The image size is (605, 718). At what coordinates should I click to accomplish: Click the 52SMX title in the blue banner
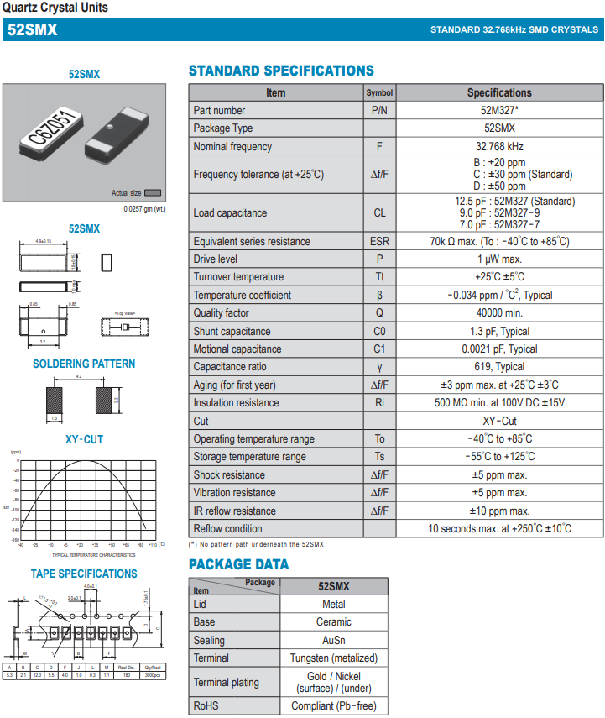tap(32, 29)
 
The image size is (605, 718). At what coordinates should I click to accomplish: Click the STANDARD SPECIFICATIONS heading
tap(281, 71)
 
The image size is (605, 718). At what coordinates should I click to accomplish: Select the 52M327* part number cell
tap(499, 111)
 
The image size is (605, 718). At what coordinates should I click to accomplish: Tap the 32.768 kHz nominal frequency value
tap(499, 147)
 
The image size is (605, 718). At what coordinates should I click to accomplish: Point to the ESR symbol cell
tap(379, 242)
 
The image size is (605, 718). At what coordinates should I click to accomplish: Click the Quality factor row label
tap(221, 313)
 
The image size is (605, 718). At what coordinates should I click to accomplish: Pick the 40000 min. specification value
tap(499, 313)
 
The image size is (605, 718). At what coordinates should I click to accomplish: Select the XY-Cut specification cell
tap(499, 422)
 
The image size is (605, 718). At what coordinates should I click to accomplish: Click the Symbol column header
tap(379, 93)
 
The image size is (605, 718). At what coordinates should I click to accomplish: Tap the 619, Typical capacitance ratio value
tap(499, 367)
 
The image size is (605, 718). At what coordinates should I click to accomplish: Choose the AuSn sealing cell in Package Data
tap(333, 640)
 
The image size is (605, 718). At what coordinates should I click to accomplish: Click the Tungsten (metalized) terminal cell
tap(333, 658)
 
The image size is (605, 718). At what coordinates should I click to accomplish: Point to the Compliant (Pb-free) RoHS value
tap(333, 706)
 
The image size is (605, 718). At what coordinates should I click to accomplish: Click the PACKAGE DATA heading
tap(238, 564)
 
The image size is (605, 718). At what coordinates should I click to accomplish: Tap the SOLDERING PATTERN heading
tap(84, 364)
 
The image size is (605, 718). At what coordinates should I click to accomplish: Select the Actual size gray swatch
tap(153, 193)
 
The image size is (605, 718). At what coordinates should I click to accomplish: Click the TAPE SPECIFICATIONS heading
tap(84, 574)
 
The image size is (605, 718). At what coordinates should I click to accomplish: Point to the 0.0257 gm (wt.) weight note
tap(144, 209)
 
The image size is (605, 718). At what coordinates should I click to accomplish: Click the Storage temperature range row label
tap(249, 457)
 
